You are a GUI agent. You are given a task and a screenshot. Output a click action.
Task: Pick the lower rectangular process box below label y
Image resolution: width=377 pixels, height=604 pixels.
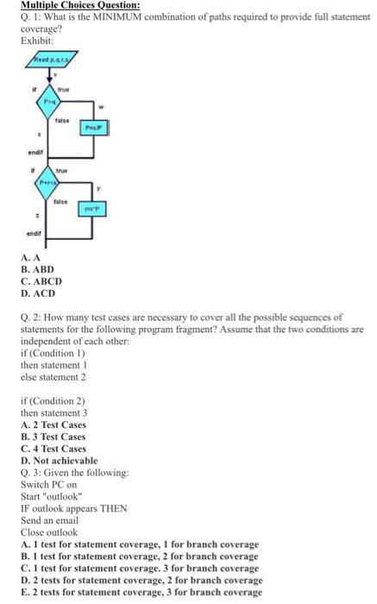coord(93,208)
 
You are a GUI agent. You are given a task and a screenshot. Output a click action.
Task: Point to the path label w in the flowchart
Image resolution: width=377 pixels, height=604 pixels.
coord(101,108)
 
